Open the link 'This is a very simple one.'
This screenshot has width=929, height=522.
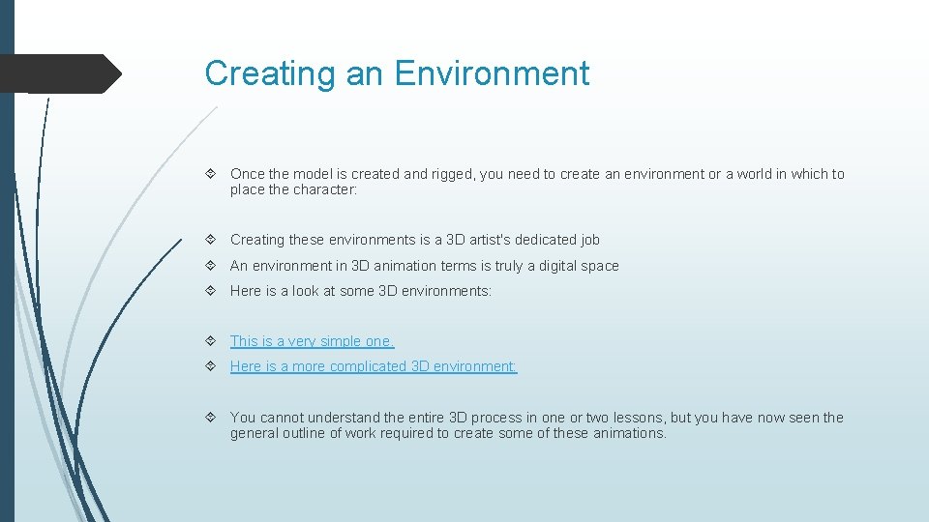[x=312, y=341]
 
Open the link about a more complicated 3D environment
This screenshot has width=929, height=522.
[x=374, y=366]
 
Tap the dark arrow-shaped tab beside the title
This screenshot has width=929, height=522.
[x=60, y=73]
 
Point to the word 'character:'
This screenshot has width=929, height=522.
[x=325, y=190]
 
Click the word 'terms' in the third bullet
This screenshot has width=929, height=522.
[x=459, y=266]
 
